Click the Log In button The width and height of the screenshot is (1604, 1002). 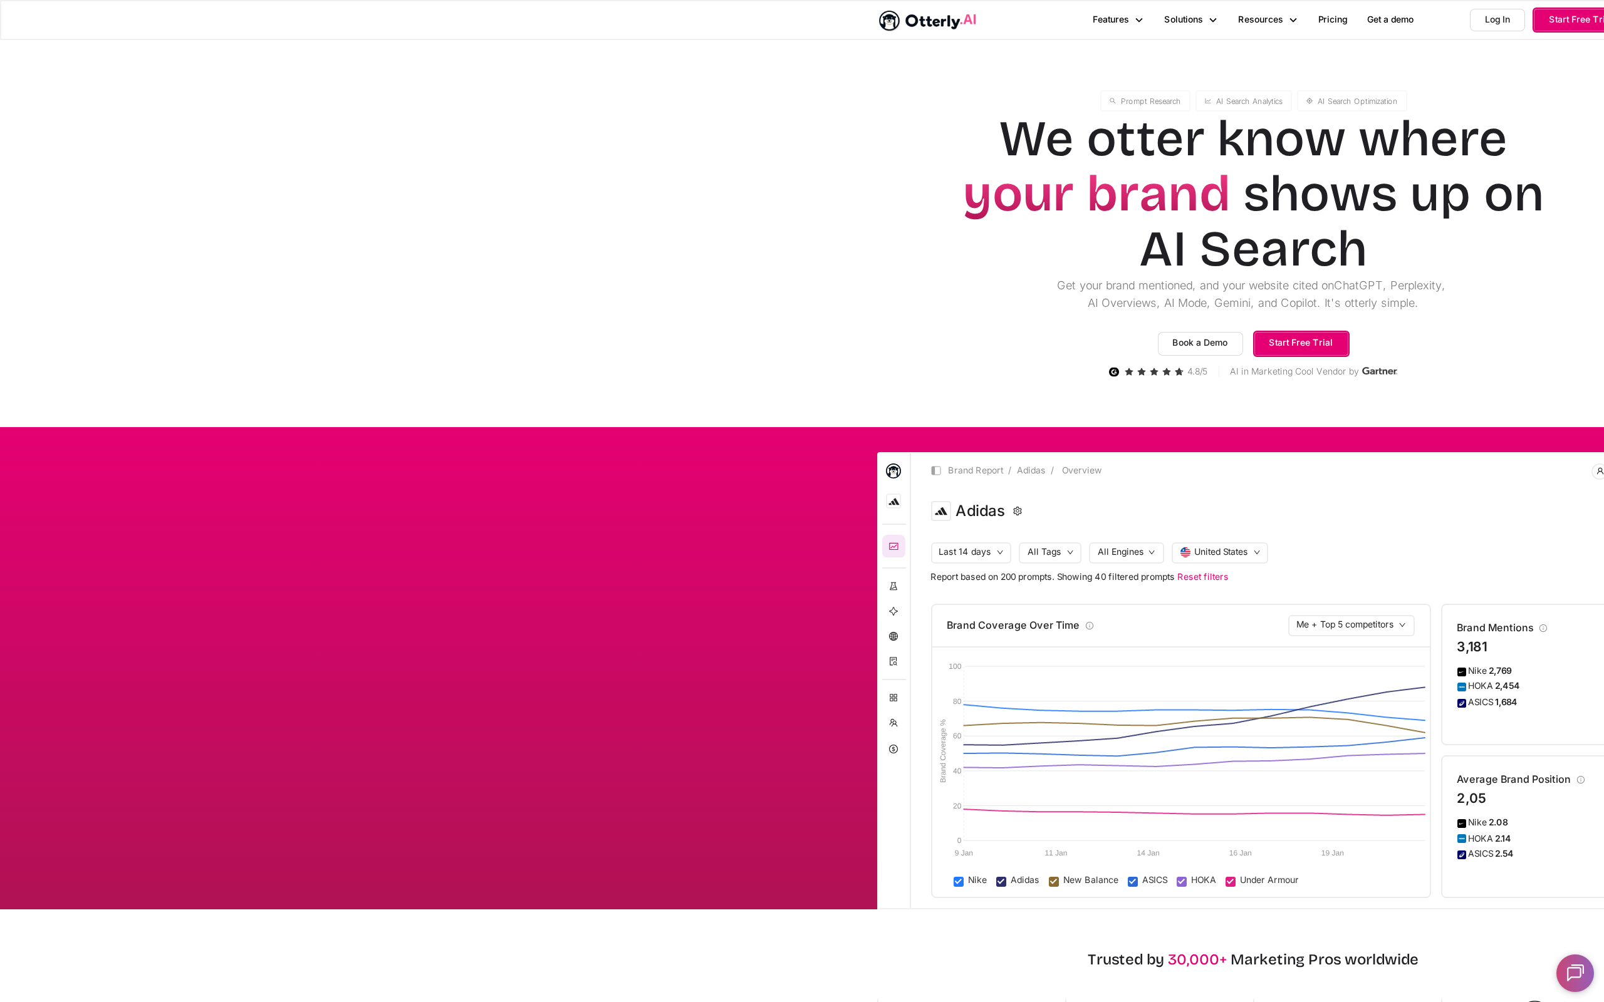[1497, 20]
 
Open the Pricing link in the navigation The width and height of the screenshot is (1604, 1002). [1332, 20]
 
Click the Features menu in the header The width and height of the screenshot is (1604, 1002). [1118, 20]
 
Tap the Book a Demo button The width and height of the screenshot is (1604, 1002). [1200, 343]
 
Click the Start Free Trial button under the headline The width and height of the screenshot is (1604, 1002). [1301, 343]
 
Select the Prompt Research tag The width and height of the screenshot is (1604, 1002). [1145, 101]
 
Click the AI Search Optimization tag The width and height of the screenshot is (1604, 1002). [1351, 101]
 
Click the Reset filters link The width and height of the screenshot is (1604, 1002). [1202, 577]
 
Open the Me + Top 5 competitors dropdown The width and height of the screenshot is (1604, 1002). [1351, 625]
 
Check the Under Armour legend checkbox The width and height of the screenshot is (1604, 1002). [1230, 881]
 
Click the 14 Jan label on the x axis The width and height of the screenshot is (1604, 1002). [1148, 853]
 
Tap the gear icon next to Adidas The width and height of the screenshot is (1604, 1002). [1018, 511]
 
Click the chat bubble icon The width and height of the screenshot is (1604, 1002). [1575, 973]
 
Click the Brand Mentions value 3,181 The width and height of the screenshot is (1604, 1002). [1471, 647]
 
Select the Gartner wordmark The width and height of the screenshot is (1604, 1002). [1379, 371]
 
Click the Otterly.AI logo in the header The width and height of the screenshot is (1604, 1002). [927, 21]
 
